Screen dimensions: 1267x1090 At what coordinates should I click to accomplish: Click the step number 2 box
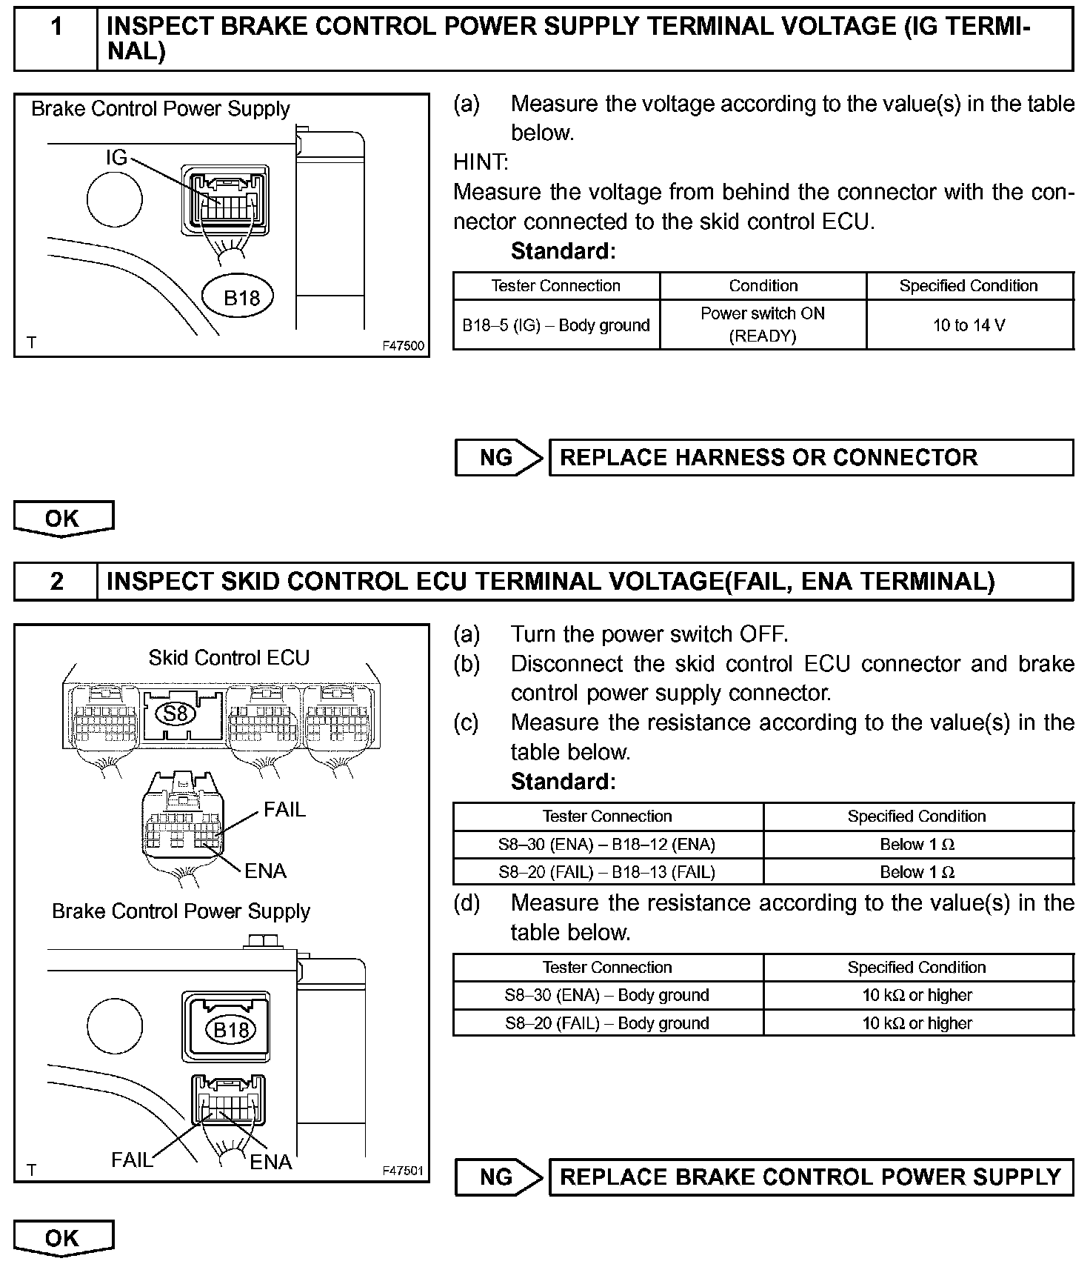56,582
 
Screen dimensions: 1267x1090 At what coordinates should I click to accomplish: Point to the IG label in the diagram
116,157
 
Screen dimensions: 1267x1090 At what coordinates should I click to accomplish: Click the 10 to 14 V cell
969,325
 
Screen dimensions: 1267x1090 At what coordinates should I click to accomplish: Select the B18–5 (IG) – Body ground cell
556,325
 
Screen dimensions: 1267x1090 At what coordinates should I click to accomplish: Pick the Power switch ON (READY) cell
763,325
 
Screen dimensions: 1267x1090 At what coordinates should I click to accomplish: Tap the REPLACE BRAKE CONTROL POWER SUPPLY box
811,1177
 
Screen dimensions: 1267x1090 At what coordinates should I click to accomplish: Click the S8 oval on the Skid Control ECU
176,714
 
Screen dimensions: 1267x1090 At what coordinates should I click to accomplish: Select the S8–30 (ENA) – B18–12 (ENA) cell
607,845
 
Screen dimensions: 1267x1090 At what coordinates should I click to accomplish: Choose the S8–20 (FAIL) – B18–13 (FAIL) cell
607,872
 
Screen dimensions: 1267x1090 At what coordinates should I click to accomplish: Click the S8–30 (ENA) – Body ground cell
607,995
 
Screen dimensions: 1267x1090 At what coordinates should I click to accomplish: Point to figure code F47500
404,345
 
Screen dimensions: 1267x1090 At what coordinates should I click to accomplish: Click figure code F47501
404,1171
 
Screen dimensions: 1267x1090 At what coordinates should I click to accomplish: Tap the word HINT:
481,162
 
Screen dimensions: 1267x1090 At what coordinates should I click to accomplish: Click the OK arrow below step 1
64,518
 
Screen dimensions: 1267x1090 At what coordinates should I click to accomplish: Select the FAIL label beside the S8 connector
284,809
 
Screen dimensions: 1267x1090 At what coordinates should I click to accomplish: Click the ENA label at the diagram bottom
271,1162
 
